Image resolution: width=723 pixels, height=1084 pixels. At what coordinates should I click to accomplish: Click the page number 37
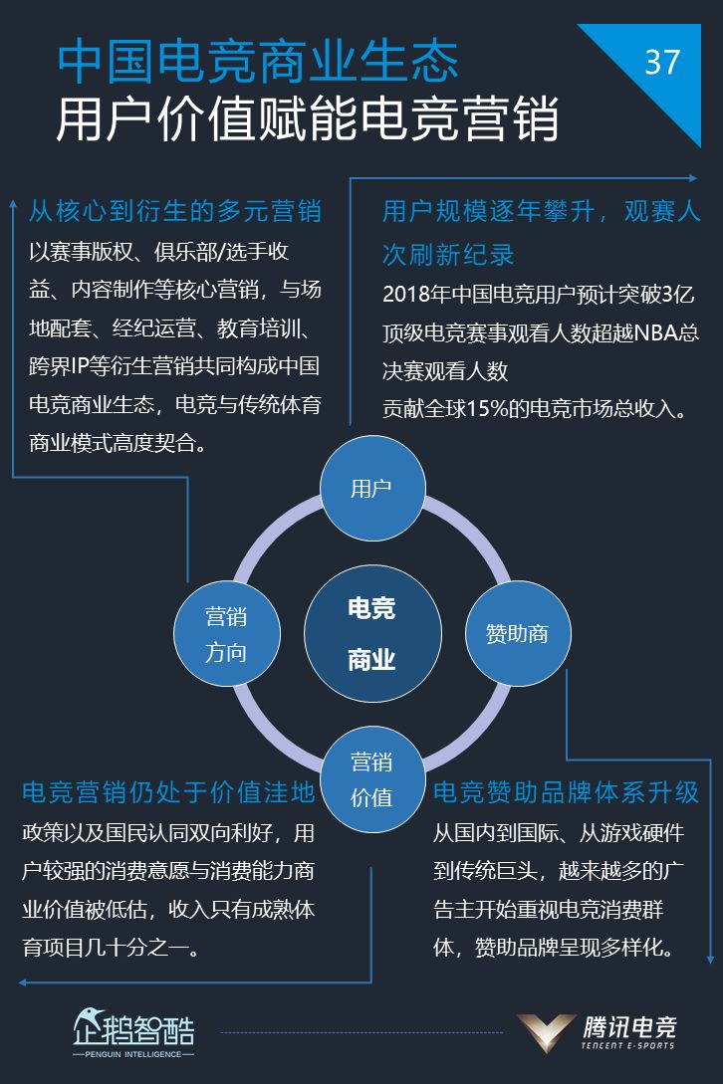pos(662,63)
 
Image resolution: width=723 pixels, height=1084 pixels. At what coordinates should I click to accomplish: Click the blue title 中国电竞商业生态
pos(258,62)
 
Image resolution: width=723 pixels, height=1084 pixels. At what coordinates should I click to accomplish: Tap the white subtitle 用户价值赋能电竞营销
pos(307,119)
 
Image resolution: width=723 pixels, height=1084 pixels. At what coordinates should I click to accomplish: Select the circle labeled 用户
pos(372,488)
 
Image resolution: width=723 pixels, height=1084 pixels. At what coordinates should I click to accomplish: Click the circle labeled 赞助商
pos(518,633)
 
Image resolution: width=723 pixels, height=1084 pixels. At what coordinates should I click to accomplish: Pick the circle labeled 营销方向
pos(227,633)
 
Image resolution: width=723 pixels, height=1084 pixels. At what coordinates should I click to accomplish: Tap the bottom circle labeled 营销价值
pos(372,779)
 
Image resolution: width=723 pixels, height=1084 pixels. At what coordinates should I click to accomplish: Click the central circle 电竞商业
pos(372,633)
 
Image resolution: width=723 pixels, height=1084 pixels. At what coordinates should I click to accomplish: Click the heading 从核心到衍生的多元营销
pos(175,211)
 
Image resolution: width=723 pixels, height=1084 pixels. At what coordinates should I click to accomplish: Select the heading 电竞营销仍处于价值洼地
pos(168,792)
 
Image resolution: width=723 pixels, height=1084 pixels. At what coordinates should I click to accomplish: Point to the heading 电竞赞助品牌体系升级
pos(566,792)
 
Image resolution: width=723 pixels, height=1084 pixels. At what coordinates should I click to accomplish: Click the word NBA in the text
pos(655,332)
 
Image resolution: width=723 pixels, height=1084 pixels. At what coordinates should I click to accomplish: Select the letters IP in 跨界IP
pos(79,365)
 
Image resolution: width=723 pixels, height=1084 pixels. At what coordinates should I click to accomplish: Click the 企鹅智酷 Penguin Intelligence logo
pos(133,1033)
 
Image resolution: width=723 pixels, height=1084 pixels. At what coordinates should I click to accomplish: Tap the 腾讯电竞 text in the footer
pos(629,1027)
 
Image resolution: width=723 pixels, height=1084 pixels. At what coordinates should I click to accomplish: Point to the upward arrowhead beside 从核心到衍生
pos(13,204)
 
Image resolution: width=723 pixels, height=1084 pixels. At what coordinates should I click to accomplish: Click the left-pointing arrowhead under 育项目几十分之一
pos(23,981)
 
